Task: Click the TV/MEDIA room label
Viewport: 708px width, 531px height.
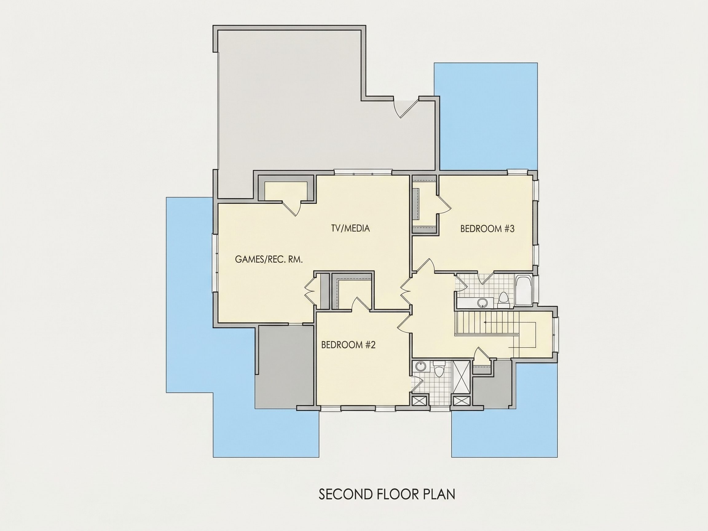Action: coord(351,228)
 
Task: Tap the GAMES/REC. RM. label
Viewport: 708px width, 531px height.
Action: coord(269,259)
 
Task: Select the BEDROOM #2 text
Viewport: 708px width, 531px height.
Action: coord(348,345)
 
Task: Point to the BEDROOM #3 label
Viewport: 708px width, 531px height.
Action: coord(487,229)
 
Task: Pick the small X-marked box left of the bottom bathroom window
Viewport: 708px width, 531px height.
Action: coord(420,401)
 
